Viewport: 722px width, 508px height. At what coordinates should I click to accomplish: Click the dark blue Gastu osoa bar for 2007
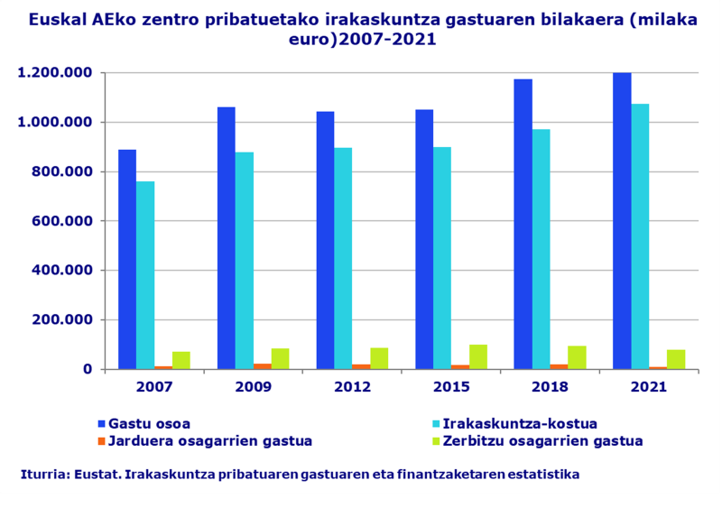click(127, 259)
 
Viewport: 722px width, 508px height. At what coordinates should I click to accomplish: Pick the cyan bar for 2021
click(640, 236)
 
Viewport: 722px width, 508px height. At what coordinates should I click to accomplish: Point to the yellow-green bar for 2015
click(477, 356)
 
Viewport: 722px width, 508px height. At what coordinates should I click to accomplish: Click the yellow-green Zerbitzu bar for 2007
click(181, 360)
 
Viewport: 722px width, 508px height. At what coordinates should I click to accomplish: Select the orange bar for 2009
click(262, 365)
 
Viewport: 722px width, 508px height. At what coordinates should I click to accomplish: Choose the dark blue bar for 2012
click(325, 240)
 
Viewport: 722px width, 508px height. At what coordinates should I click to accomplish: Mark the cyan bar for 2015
click(442, 258)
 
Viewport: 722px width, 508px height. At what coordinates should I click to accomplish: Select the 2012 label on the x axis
click(351, 387)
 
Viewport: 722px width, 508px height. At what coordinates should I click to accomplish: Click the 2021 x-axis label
click(648, 387)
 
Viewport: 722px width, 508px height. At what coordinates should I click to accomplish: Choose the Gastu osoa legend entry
click(149, 423)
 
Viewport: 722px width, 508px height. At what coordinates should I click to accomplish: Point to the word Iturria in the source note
click(42, 474)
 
